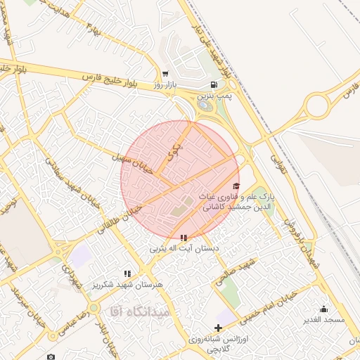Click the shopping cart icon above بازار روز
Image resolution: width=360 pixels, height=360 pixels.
(165, 72)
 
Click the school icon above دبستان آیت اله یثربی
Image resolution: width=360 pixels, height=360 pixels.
(184, 238)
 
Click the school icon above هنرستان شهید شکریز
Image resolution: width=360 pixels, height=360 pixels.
(127, 274)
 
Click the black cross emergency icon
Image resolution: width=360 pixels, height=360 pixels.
(218, 328)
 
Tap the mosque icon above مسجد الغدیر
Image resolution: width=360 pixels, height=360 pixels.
(323, 309)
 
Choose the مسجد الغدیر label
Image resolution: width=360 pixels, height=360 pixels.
(323, 320)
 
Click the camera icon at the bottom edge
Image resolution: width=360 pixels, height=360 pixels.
(51, 356)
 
